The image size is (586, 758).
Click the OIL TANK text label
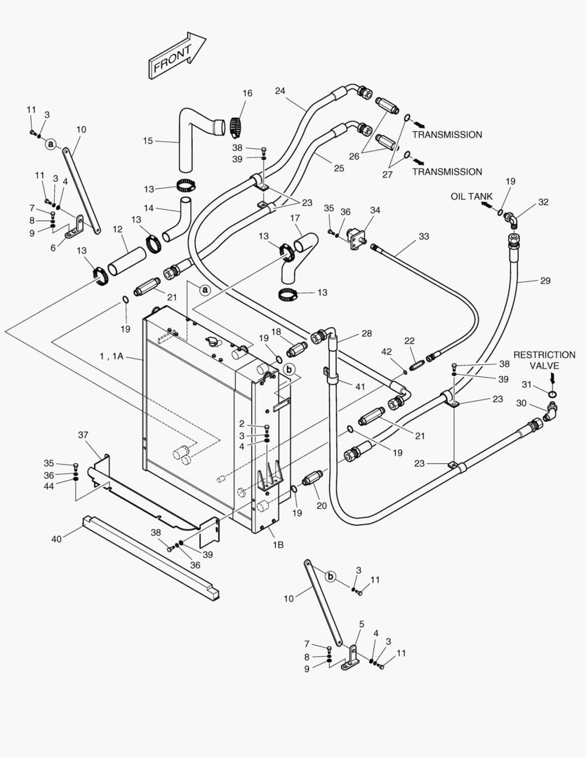(x=472, y=197)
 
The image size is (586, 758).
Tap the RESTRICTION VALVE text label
(x=545, y=360)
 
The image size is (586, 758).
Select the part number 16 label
(x=247, y=93)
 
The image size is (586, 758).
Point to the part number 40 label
(x=56, y=539)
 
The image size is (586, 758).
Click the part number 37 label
(x=84, y=436)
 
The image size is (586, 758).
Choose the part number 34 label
(x=375, y=210)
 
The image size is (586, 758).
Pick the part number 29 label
(x=545, y=281)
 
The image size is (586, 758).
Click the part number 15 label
(x=147, y=141)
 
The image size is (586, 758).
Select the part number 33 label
(x=423, y=237)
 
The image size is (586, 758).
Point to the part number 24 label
(x=280, y=91)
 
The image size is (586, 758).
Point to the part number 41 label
(x=360, y=386)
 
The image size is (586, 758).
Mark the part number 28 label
(x=366, y=333)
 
